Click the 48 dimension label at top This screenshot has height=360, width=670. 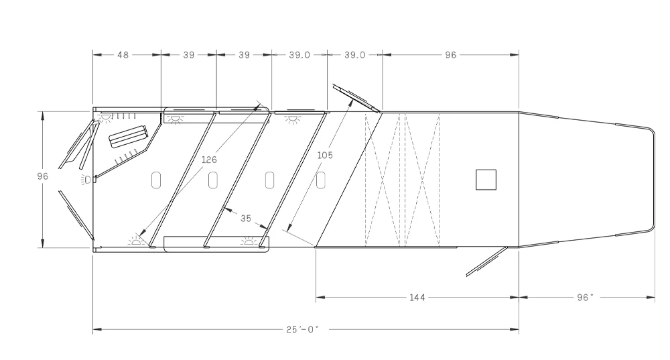point(123,55)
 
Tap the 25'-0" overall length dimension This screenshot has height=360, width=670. point(303,329)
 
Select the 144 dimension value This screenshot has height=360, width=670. point(417,297)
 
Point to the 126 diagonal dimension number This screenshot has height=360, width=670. point(209,160)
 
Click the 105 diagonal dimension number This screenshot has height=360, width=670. point(325,155)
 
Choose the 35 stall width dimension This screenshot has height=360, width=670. point(246,219)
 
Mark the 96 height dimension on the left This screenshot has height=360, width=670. point(43,176)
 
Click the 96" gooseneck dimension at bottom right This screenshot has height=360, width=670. point(586,297)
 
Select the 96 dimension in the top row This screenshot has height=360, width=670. point(451,55)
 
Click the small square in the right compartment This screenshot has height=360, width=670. point(486,180)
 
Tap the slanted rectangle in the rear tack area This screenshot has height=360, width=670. point(128,136)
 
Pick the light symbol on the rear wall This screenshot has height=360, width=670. point(87,180)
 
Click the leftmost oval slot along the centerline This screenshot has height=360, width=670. point(156,180)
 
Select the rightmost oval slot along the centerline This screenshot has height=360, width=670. point(321,180)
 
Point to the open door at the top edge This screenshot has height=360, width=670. point(356,98)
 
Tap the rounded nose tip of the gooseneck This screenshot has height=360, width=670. point(654,180)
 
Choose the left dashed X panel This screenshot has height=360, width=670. point(382,180)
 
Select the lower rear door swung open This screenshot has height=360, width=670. point(76,215)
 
